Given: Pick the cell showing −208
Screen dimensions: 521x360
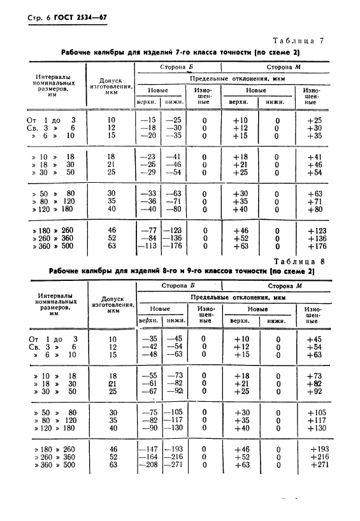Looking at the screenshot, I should (148, 465).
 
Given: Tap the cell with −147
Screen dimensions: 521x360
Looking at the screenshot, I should (148, 449).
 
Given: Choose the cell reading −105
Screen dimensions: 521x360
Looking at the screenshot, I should (175, 412).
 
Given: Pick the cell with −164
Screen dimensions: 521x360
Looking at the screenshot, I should (148, 457).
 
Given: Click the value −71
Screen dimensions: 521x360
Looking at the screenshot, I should (174, 202).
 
